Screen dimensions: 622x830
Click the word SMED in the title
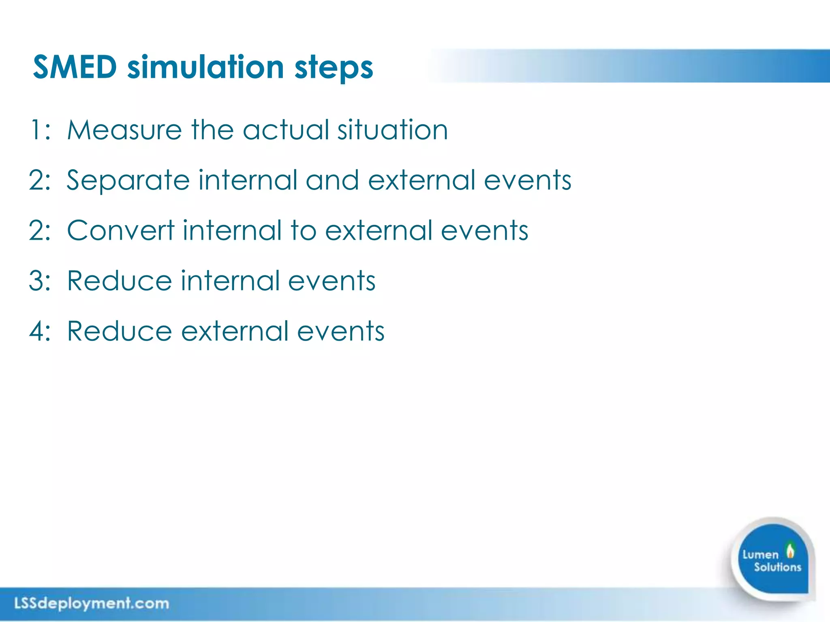tap(75, 67)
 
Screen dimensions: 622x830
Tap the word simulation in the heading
tap(205, 67)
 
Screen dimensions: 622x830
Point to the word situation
tap(393, 130)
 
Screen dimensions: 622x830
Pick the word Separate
tap(128, 181)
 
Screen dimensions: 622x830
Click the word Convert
tap(121, 230)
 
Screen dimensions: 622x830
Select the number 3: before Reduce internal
tap(40, 281)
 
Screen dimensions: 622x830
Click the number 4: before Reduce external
tap(40, 331)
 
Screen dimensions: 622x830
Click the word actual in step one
tap(286, 130)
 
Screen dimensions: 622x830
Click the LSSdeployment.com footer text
tap(92, 603)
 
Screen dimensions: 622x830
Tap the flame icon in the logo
tap(790, 550)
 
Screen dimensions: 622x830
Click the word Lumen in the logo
tap(760, 554)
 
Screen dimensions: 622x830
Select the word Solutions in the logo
tap(777, 567)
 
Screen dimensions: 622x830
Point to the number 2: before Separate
tap(40, 180)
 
